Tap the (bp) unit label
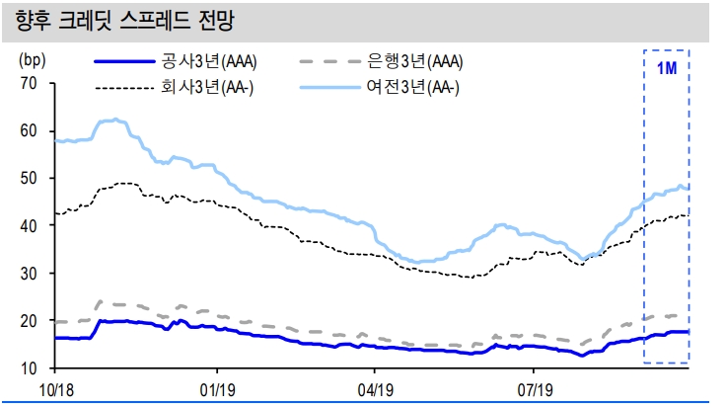coord(32,58)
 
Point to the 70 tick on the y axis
coord(29,83)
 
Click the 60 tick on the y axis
coord(29,130)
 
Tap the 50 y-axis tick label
coord(29,178)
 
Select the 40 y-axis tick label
coord(29,225)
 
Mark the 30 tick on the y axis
coord(29,273)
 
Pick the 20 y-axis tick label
coord(29,321)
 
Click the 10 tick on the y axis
coord(29,368)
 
